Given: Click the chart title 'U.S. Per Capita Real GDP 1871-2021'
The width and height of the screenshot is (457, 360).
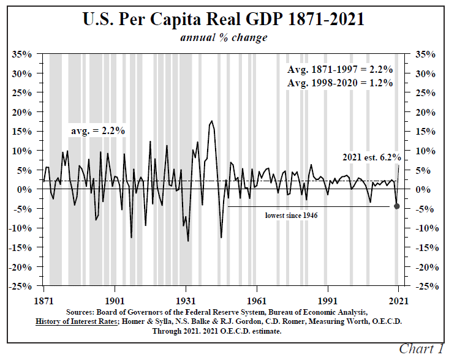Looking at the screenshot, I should pyautogui.click(x=224, y=19).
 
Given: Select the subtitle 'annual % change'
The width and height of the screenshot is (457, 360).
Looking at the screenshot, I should pyautogui.click(x=224, y=37).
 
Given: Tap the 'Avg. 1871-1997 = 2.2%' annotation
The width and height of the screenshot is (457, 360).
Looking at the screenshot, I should pyautogui.click(x=340, y=69).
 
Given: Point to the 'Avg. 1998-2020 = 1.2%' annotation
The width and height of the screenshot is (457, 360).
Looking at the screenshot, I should pyautogui.click(x=340, y=83).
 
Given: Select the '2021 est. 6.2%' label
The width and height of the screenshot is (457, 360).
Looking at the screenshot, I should pyautogui.click(x=368, y=157).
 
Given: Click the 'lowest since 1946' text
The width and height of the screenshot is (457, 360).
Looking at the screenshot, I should pyautogui.click(x=291, y=216).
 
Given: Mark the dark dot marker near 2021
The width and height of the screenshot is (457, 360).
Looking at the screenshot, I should pyautogui.click(x=397, y=206).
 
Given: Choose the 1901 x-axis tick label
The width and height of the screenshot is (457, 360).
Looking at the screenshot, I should pyautogui.click(x=115, y=301).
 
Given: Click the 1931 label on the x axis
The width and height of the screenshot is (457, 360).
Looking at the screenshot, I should pyautogui.click(x=186, y=301).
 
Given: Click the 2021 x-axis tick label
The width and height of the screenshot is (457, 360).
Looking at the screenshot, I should pyautogui.click(x=398, y=301).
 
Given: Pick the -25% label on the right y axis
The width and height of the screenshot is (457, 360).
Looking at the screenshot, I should pyautogui.click(x=428, y=287).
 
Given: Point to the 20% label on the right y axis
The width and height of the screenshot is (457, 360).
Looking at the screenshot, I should pyautogui.click(x=428, y=112).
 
